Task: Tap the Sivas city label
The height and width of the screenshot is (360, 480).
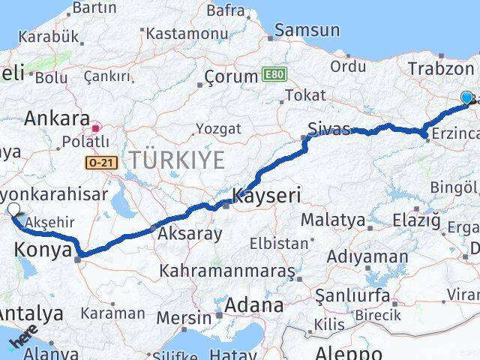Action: coord(330,129)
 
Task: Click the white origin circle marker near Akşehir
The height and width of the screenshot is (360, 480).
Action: coord(13,210)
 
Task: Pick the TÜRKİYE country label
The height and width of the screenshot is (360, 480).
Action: coord(176,160)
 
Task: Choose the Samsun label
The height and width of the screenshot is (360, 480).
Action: coord(307,31)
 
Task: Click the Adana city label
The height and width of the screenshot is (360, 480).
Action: coord(257,306)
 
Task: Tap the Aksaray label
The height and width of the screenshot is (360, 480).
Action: coord(190,234)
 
